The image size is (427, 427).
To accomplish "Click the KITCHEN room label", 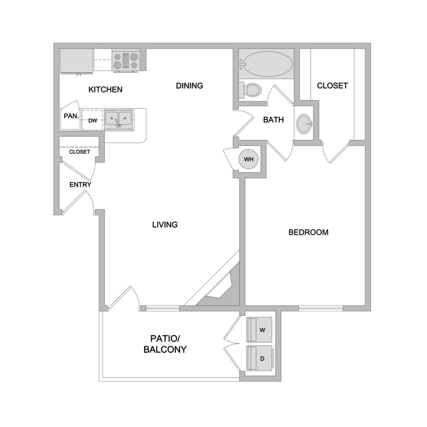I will [106, 89].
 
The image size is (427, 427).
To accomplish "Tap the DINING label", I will [189, 85].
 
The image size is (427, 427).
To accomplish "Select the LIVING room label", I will [165, 225].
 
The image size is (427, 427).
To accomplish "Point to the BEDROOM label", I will [308, 233].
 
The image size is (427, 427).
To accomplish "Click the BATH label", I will [273, 120].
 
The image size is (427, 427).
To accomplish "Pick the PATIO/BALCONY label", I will [165, 344].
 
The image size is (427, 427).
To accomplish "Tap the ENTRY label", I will [80, 185].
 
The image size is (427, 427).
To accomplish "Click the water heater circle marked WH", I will [248, 160].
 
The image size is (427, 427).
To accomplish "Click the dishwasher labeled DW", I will [93, 120].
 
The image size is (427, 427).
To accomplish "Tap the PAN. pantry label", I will [71, 116].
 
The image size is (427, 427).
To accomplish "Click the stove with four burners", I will [125, 61].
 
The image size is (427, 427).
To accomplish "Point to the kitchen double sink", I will [118, 119].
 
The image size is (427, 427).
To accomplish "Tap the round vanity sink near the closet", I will [304, 124].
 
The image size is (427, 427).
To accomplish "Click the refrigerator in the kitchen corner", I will [76, 61].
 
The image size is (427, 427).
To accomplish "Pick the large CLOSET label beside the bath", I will [332, 86].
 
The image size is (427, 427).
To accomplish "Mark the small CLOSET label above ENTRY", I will [79, 152].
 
